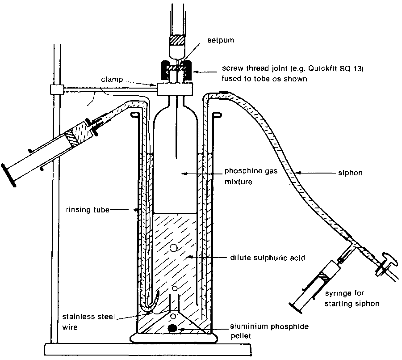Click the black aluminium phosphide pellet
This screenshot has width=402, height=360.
coord(171,329)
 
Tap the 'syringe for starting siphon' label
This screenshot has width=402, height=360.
coord(352,299)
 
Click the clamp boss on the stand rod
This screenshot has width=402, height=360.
coord(56,89)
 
